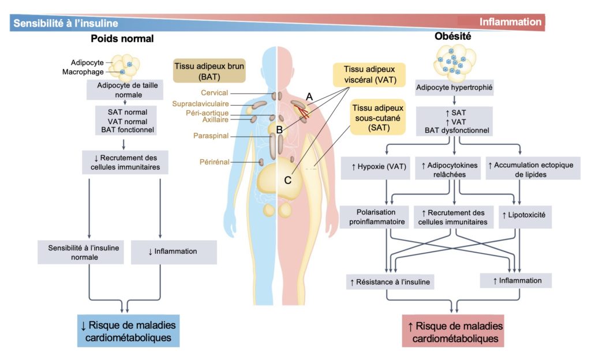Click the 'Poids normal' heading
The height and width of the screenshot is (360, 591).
tap(122, 39)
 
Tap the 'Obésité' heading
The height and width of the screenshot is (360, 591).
tap(452, 36)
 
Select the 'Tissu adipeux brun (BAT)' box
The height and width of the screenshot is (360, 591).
tap(209, 71)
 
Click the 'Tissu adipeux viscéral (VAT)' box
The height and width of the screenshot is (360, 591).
tap(369, 74)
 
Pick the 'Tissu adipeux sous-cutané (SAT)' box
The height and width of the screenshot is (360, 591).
tap(377, 118)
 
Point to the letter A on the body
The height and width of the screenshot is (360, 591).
tap(309, 97)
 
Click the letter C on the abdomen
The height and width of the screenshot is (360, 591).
tap(287, 181)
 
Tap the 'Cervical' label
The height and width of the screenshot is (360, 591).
tap(214, 93)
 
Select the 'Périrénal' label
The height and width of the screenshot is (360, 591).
tap(215, 162)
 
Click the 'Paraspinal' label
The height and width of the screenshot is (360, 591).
tap(211, 136)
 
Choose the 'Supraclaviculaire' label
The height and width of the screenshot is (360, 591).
tap(200, 103)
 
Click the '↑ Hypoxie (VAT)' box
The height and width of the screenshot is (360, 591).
tap(379, 167)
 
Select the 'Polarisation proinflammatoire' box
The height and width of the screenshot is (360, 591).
tap(376, 217)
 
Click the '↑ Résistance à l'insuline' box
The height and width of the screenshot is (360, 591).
tap(390, 282)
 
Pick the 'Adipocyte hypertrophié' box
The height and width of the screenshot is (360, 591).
tap(454, 87)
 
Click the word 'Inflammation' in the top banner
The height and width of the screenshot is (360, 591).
tap(510, 22)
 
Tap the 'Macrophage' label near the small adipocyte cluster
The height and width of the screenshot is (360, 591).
tap(83, 72)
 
